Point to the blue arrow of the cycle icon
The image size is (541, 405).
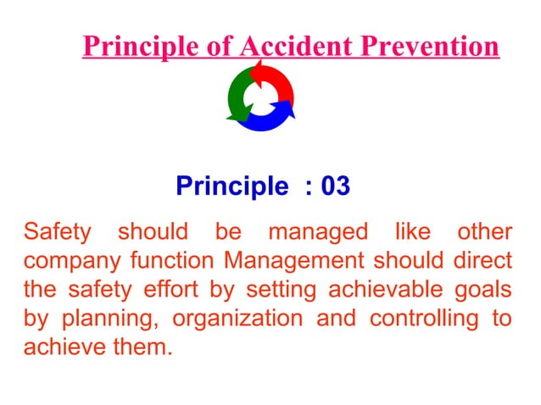pos(270,119)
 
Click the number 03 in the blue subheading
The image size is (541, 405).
pos(335,186)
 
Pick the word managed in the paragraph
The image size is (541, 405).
pos(318,231)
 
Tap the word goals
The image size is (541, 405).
pos(486,290)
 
